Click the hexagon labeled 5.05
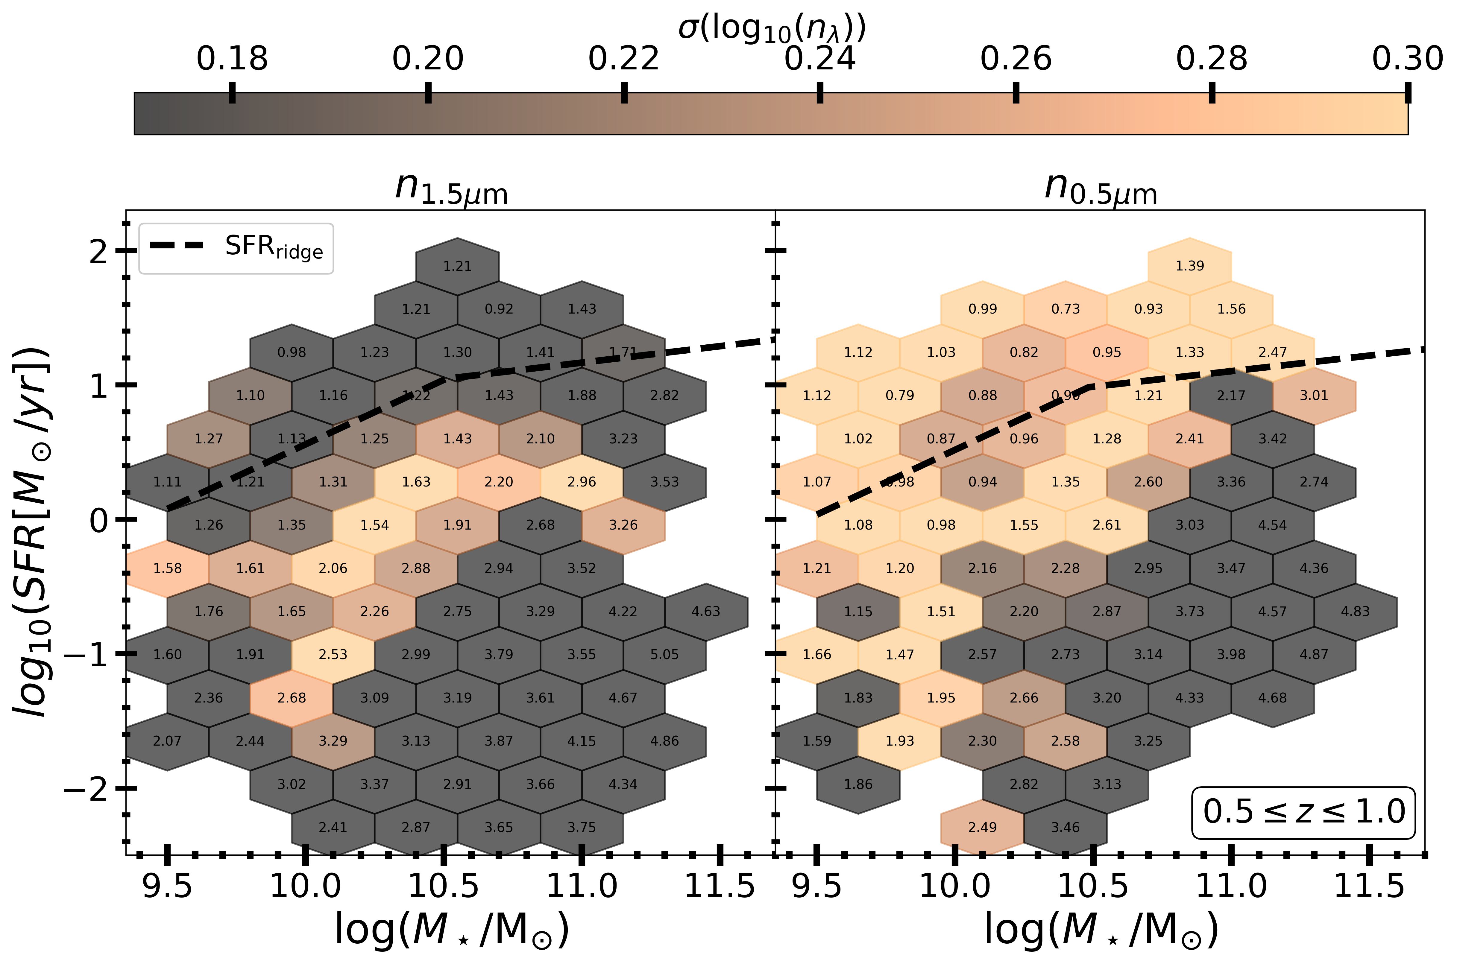pos(664,654)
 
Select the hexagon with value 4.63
pos(705,611)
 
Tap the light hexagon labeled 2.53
pos(333,654)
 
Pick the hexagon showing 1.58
pos(167,568)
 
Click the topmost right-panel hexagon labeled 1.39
pos(1189,266)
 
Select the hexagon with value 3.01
pos(1314,395)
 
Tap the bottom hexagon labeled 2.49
pos(982,827)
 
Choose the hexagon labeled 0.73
pos(1065,309)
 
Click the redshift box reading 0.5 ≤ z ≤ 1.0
pos(1303,811)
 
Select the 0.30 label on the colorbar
pos(1407,59)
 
